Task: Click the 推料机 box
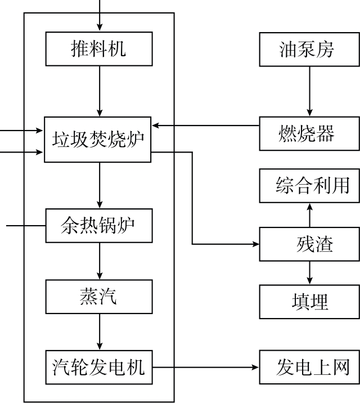click(99, 48)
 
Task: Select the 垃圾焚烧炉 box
click(99, 138)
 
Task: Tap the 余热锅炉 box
click(99, 225)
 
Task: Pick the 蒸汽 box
click(99, 297)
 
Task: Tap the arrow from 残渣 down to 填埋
click(308, 273)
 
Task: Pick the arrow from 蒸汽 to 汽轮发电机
click(100, 332)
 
